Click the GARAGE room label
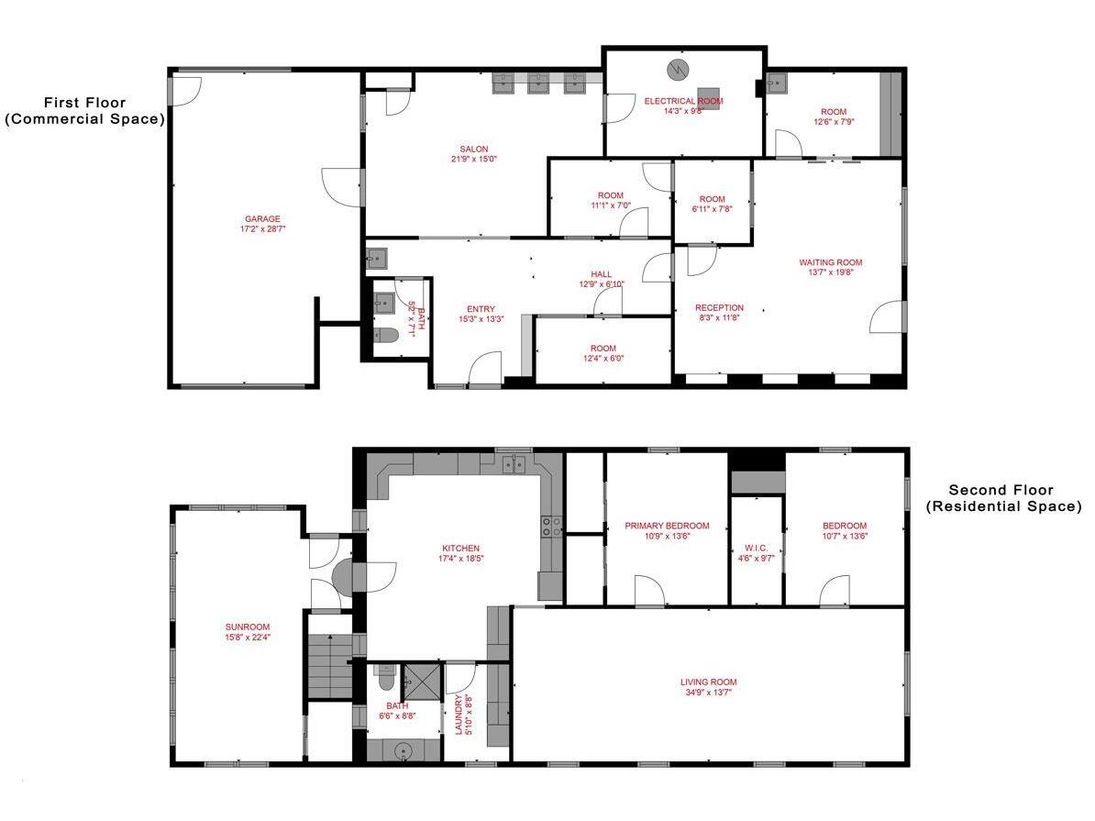[x=262, y=219]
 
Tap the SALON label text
[x=474, y=150]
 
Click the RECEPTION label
[x=719, y=308]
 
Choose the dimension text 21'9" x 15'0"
[x=474, y=160]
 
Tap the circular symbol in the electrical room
[x=677, y=70]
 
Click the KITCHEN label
[x=459, y=549]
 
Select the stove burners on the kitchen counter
[x=552, y=526]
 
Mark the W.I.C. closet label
[x=756, y=549]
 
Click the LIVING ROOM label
[x=708, y=682]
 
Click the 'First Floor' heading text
[x=84, y=103]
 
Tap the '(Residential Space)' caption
[x=1002, y=506]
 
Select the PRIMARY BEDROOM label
[x=667, y=526]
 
